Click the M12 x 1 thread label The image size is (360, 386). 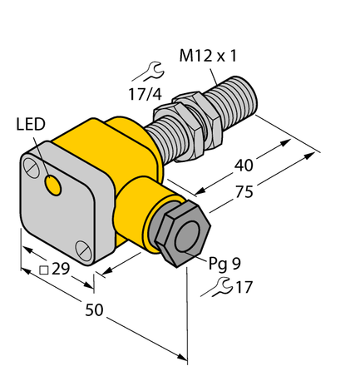(214, 57)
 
